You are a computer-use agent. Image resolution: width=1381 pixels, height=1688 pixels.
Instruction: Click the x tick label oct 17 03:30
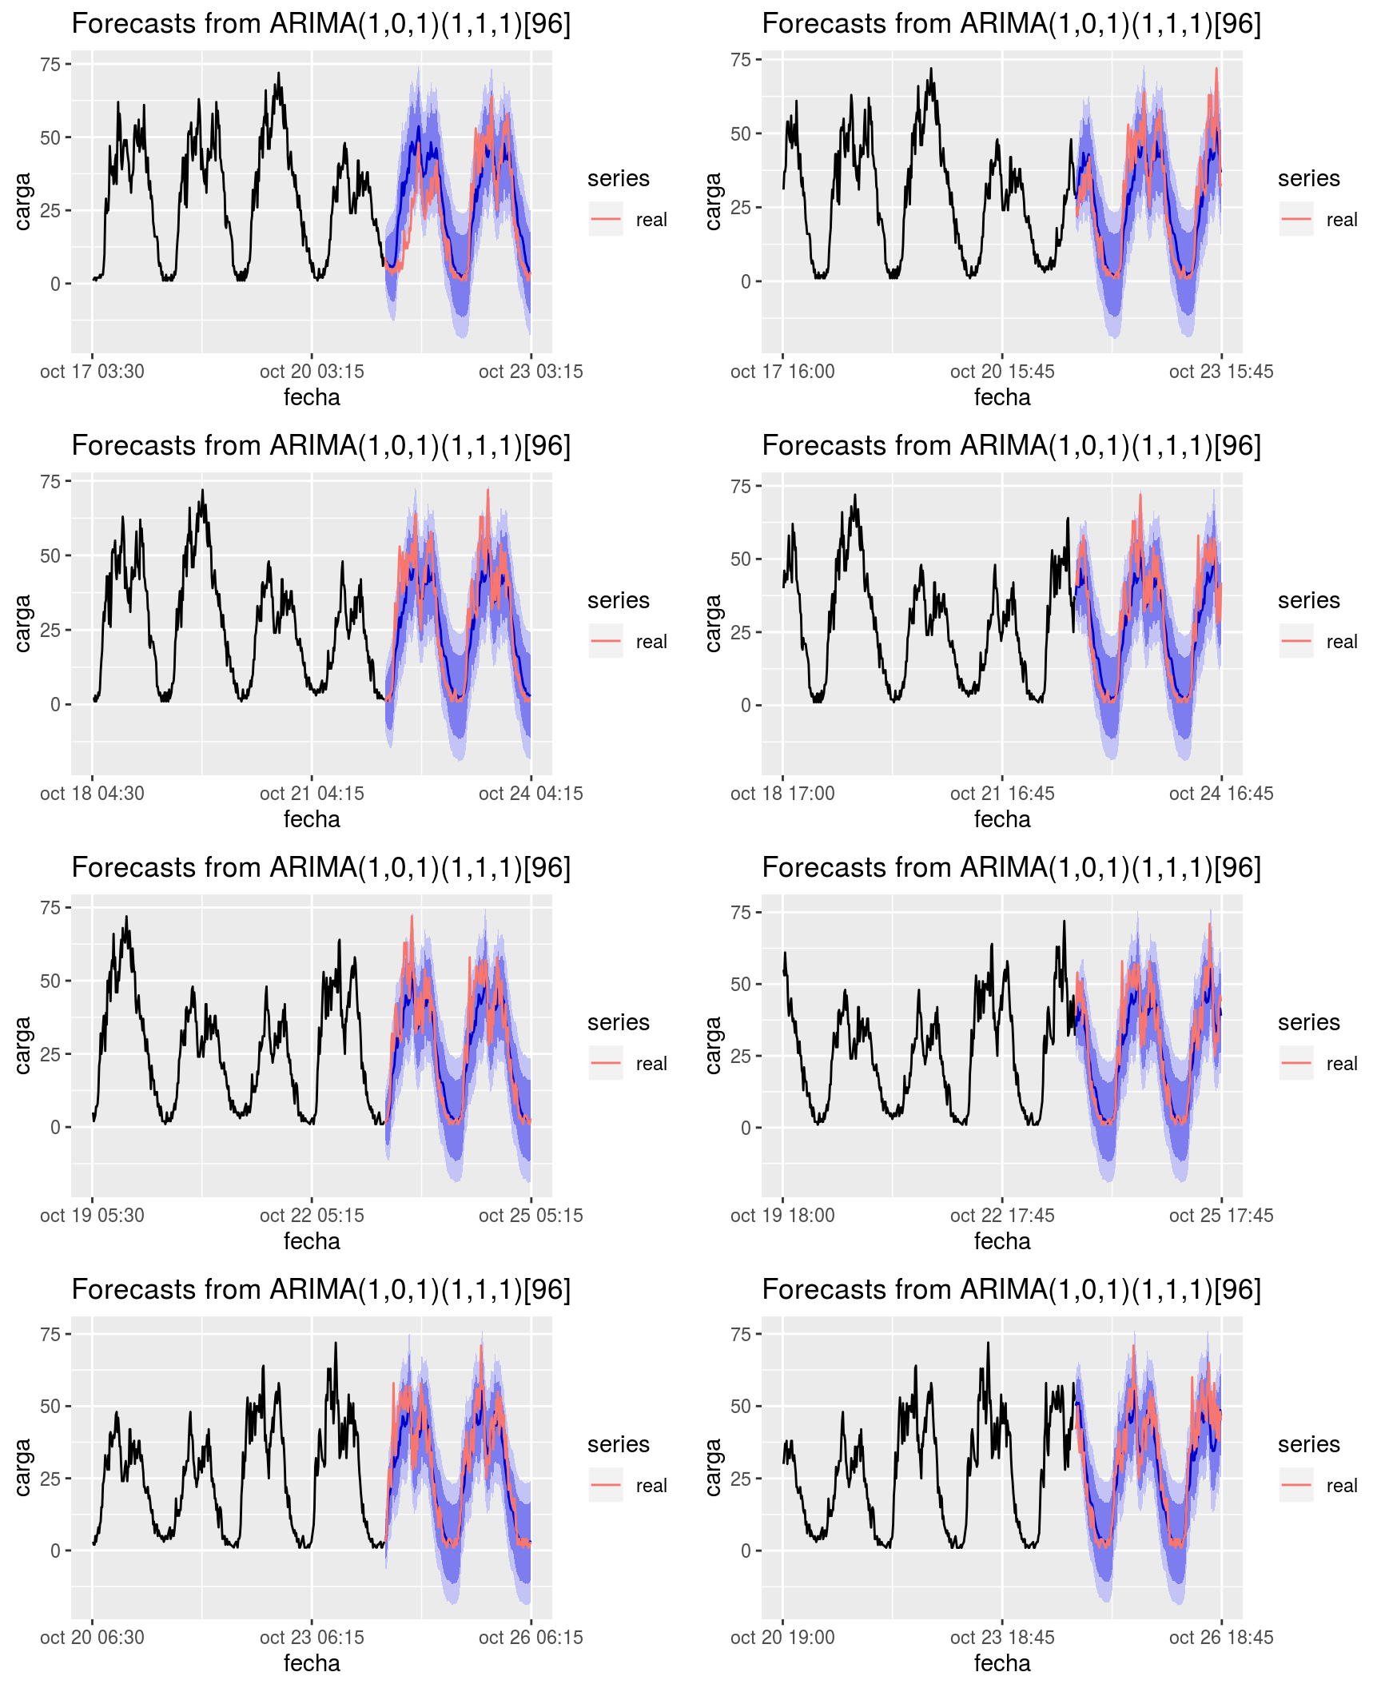pos(92,372)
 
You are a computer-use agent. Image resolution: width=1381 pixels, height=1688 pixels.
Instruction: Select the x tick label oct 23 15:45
pos(1220,372)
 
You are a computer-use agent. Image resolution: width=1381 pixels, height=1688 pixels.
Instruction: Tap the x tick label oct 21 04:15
pos(312,794)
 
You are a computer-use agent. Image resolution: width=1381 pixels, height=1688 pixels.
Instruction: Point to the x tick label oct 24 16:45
pos(1220,794)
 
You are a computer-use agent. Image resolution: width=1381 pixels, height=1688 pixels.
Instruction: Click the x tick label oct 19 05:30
pos(92,1216)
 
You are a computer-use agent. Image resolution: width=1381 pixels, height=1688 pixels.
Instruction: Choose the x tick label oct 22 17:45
pos(1001,1216)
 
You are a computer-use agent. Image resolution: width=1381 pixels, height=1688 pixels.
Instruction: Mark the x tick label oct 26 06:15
pos(531,1638)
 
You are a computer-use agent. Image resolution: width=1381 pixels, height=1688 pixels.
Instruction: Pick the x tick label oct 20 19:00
pos(782,1638)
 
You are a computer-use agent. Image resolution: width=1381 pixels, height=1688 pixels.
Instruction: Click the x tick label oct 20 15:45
pos(1001,372)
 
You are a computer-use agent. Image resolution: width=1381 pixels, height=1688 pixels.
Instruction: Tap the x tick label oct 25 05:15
pos(531,1216)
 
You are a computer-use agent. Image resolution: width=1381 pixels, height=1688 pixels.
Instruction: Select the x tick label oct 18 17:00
pos(782,794)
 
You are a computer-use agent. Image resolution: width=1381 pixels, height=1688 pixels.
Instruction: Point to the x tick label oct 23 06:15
pos(312,1638)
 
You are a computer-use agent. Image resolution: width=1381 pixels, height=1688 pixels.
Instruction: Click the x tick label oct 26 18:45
pos(1220,1638)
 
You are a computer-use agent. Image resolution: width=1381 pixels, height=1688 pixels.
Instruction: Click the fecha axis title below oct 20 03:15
pos(312,397)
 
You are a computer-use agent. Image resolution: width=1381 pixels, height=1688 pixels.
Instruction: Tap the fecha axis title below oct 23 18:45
pos(1001,1663)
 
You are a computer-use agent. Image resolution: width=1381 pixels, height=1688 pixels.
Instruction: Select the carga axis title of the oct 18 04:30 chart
pos(22,623)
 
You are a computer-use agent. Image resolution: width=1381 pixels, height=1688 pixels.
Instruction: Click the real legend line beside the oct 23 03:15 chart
pos(606,219)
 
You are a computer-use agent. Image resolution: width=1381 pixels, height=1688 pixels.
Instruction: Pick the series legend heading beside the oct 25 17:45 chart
pos(1308,1022)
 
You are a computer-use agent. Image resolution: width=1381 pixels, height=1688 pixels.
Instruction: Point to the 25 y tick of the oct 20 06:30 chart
pos(50,1478)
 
